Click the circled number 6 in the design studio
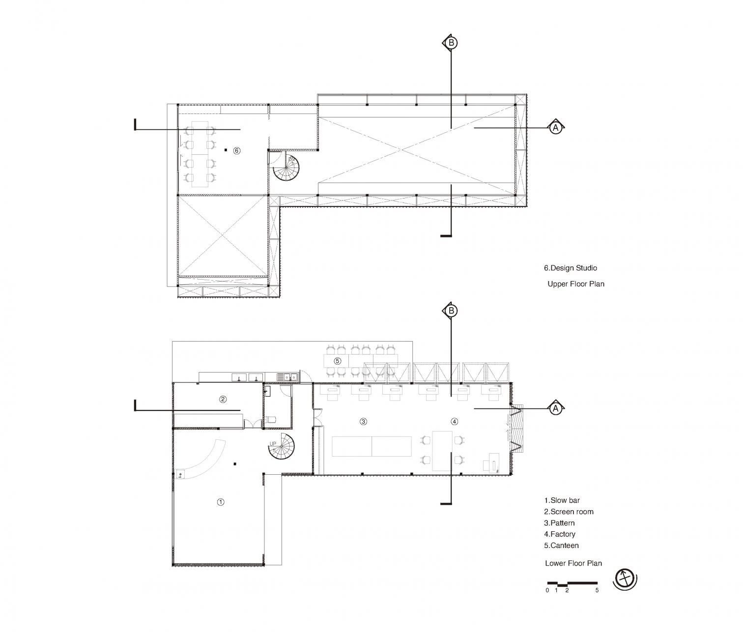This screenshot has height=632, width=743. coord(236,151)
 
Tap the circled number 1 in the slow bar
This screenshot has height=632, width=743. coord(221,502)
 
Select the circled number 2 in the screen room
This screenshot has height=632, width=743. coord(223,399)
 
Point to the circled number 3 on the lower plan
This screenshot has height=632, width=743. coord(364,421)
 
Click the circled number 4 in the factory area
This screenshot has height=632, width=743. coord(455,421)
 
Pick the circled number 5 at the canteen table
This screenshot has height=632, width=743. coord(337,361)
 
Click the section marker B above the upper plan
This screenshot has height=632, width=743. coord(451,43)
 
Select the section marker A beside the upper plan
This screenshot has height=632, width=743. coord(556,127)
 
